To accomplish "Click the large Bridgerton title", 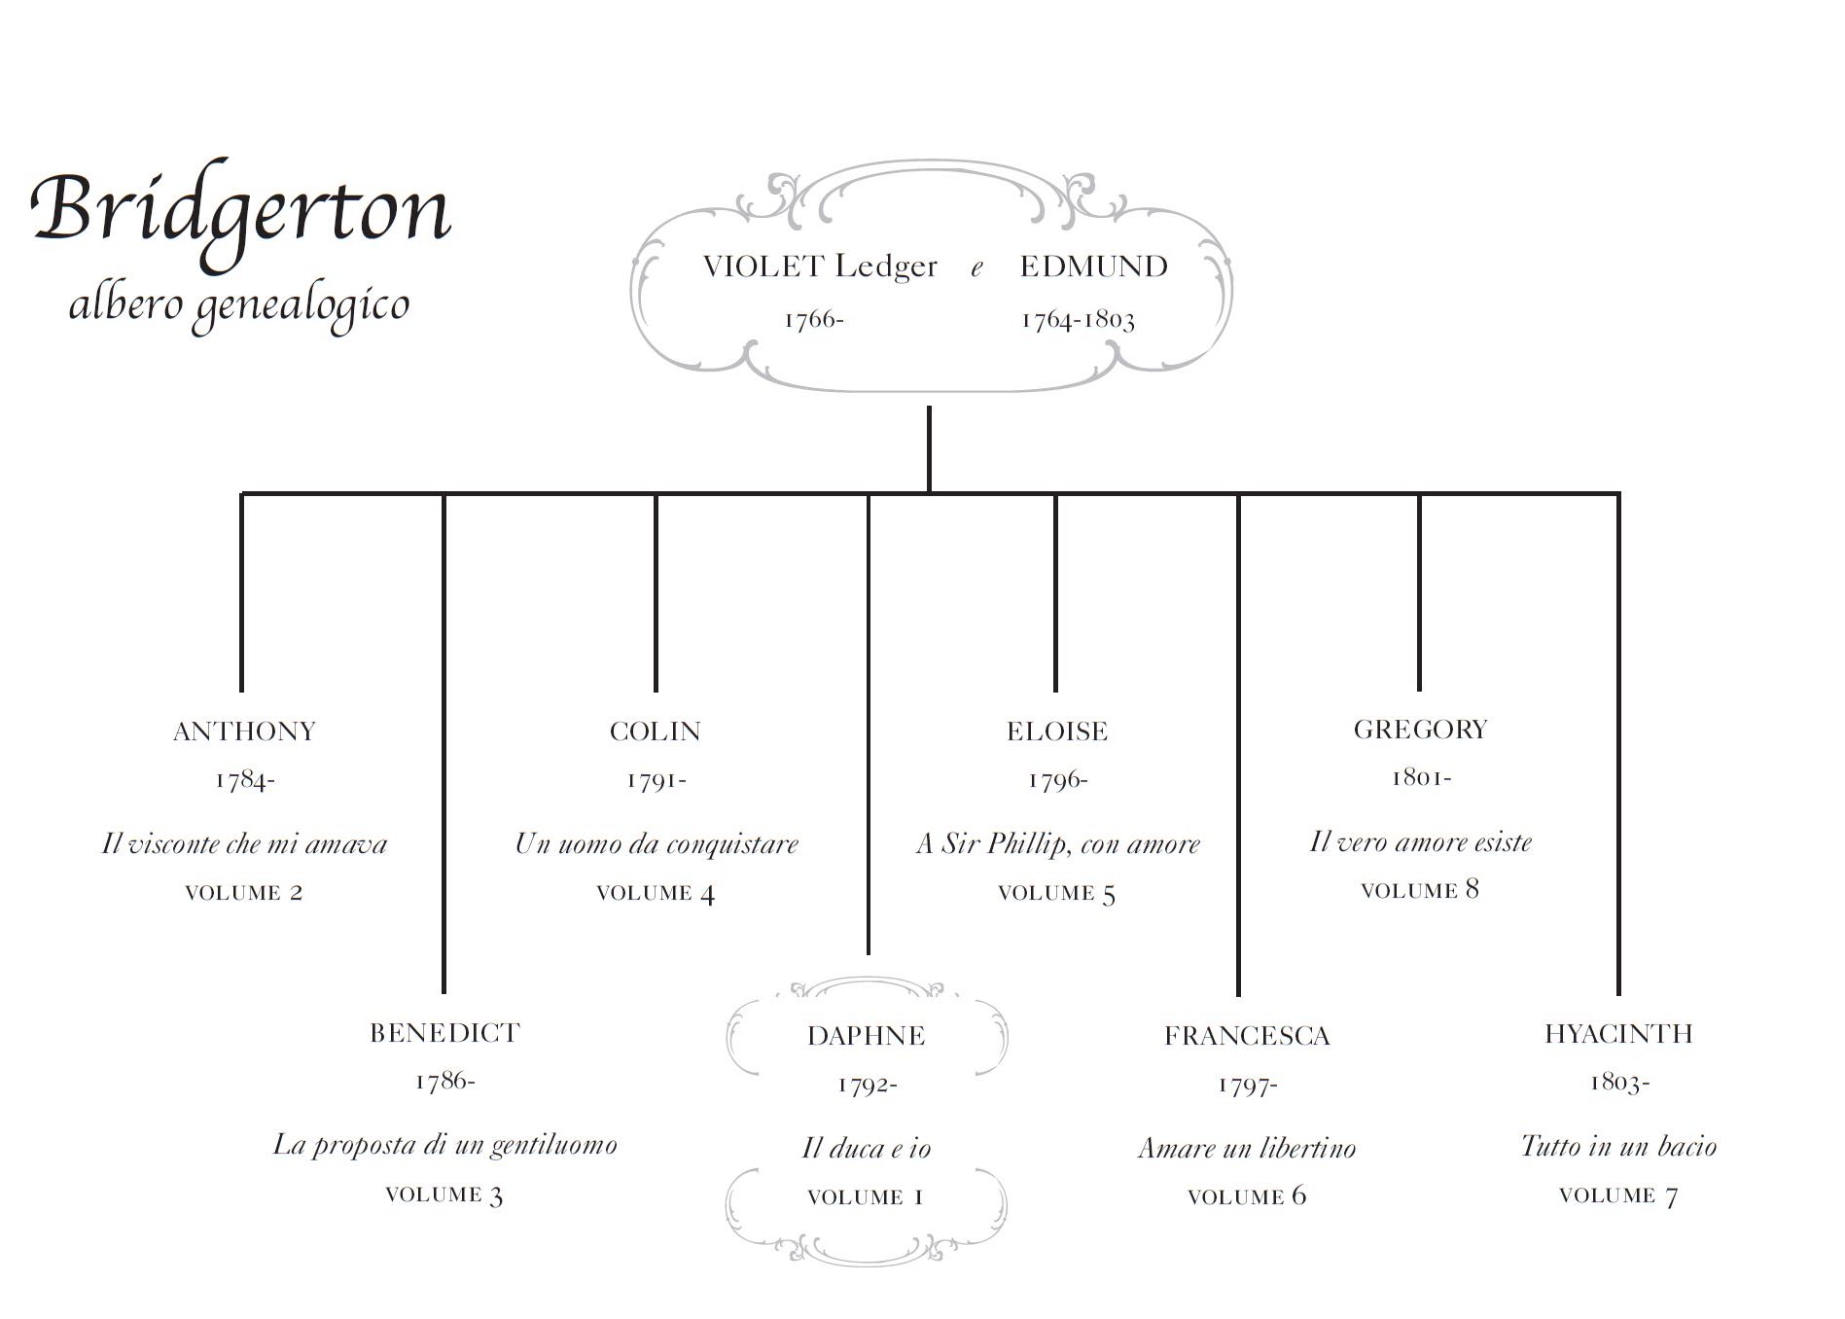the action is (x=241, y=210).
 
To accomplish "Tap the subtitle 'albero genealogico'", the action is (x=239, y=305).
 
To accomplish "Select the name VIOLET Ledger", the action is (x=820, y=267).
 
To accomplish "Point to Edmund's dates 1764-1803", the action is (x=1078, y=320).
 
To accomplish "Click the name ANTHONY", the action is (x=245, y=731).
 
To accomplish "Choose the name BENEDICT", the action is (x=445, y=1033).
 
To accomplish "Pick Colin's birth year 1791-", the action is (x=656, y=780).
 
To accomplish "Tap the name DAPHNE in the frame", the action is (x=867, y=1036).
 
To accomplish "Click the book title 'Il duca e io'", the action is (x=867, y=1149).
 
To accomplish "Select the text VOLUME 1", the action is (x=866, y=1197).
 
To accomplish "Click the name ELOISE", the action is (x=1057, y=731).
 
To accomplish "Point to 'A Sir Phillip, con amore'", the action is (x=1058, y=843).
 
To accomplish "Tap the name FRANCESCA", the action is (x=1247, y=1036).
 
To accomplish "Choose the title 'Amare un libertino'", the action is (x=1247, y=1149).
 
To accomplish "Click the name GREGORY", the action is (x=1421, y=730).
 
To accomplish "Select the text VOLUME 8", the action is (x=1420, y=890).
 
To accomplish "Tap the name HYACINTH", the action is (x=1619, y=1034).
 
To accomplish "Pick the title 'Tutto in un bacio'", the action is (x=1619, y=1147).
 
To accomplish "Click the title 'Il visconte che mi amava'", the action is (x=245, y=843).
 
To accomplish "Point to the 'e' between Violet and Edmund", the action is (x=977, y=268).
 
